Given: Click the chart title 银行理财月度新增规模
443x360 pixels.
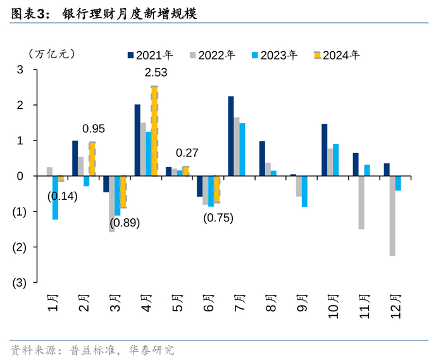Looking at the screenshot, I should tap(130, 13).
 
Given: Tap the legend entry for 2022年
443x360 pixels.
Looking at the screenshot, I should tap(212, 55).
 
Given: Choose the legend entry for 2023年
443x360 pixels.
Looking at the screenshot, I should tap(274, 55).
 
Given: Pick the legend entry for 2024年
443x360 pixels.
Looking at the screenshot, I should tap(336, 55).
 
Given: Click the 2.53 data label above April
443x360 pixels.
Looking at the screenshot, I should tap(156, 73).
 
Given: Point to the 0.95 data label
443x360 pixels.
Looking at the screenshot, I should tap(93, 128).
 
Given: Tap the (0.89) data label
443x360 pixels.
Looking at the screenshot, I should tap(125, 223).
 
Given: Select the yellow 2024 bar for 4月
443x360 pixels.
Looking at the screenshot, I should tap(154, 131).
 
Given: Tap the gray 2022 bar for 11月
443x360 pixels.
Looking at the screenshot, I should tap(361, 202).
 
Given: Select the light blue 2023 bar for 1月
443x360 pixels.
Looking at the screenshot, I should tap(56, 197).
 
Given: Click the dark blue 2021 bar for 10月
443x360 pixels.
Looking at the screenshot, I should tap(325, 150).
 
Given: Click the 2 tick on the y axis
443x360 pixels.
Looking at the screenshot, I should tap(20, 105).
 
